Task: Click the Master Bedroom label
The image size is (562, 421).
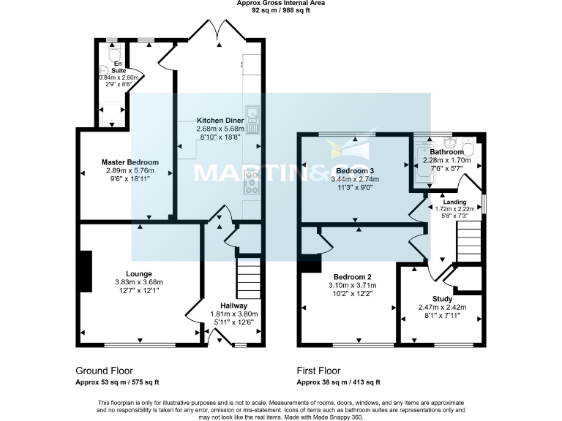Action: pos(130,162)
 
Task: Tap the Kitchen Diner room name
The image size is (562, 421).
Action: pos(220,121)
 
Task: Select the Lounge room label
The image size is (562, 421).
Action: pos(138,274)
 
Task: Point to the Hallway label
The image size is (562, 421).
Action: pos(234,306)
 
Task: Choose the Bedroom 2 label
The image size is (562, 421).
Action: pos(353,277)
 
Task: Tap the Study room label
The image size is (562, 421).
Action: pos(442,299)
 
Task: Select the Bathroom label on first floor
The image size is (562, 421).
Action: pos(447,152)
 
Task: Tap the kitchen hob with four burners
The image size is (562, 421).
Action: pos(252,182)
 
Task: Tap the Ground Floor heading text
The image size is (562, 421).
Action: pos(105,371)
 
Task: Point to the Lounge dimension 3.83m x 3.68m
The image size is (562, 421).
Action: pos(138,282)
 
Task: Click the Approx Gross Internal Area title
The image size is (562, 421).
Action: pos(281,4)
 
